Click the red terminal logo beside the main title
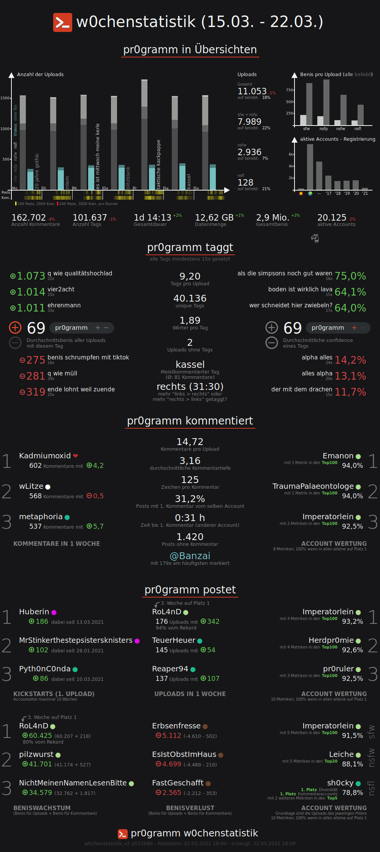tap(62, 22)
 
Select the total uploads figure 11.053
tap(252, 91)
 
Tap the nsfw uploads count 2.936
tap(249, 152)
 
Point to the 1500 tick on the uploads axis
tap(5, 98)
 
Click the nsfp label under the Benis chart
tap(323, 129)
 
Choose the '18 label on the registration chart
tap(337, 194)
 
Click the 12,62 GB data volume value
tap(214, 218)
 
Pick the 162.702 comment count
tap(28, 218)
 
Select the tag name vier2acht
tap(61, 289)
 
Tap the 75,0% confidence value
tap(350, 276)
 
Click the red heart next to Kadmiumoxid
tap(76, 456)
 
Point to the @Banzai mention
tap(190, 556)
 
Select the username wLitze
tap(31, 486)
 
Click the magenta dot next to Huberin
tap(54, 612)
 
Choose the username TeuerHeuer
tap(174, 641)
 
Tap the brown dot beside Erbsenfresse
tap(205, 726)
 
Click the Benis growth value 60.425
tap(40, 736)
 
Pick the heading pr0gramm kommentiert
tap(190, 421)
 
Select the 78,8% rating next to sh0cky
tap(352, 793)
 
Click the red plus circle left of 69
tap(15, 327)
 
